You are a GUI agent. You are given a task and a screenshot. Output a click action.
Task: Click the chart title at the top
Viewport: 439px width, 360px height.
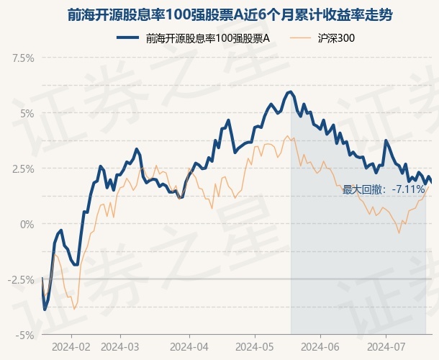point(219,14)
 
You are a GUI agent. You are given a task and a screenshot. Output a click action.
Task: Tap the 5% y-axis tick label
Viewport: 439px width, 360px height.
point(27,113)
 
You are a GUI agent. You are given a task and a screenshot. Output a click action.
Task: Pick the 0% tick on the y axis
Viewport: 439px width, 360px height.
point(27,224)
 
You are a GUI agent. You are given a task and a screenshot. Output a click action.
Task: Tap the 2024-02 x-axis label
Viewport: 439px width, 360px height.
point(71,346)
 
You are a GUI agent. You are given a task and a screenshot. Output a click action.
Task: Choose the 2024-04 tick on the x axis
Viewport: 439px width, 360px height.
point(189,346)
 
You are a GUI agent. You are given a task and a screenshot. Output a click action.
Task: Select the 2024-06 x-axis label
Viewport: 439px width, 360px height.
point(321,346)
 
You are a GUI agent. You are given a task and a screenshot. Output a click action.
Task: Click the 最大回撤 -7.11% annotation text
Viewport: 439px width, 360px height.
point(384,189)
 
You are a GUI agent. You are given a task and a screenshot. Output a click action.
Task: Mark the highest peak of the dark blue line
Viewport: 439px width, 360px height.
point(290,91)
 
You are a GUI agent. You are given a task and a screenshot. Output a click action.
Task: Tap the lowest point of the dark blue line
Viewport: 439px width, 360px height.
point(45,310)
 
